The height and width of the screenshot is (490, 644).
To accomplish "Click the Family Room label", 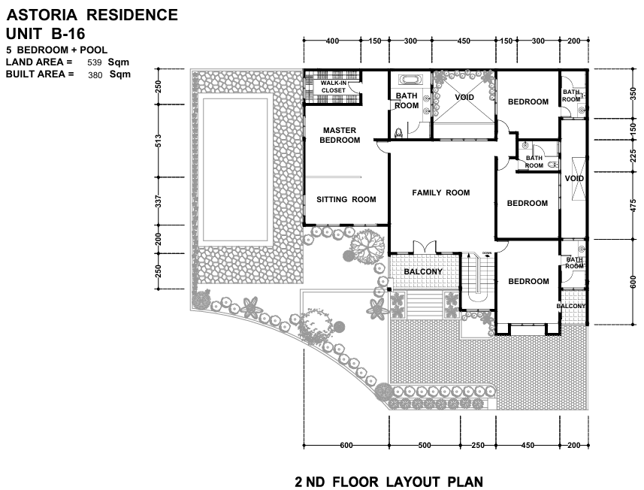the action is pyautogui.click(x=440, y=192).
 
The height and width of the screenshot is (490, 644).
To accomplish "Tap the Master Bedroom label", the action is pyautogui.click(x=340, y=135).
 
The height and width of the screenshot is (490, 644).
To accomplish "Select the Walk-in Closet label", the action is pyautogui.click(x=334, y=86).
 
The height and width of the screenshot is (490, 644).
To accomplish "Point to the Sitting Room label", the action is pyautogui.click(x=346, y=200).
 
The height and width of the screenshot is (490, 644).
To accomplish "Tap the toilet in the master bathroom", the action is pyautogui.click(x=398, y=132).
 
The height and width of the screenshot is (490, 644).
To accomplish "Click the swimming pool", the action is pyautogui.click(x=235, y=170).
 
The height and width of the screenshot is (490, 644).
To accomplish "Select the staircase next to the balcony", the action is pyautogui.click(x=478, y=280).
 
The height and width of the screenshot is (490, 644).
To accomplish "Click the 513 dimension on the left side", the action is pyautogui.click(x=159, y=141).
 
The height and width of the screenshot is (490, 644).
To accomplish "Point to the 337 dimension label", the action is pyautogui.click(x=159, y=201).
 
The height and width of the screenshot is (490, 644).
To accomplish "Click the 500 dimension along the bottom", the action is pyautogui.click(x=425, y=445).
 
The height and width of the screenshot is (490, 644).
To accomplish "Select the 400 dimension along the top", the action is pyautogui.click(x=332, y=41).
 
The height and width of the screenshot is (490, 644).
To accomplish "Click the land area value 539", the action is pyautogui.click(x=95, y=62).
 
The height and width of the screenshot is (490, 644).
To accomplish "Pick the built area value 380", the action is pyautogui.click(x=95, y=74).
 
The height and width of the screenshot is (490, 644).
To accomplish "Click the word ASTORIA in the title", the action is pyautogui.click(x=42, y=15).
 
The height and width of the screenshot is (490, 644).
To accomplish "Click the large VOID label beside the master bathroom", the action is pyautogui.click(x=464, y=98).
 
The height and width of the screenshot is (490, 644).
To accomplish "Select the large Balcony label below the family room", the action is pyautogui.click(x=423, y=272).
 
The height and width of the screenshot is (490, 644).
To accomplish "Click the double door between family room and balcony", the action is pyautogui.click(x=425, y=247).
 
